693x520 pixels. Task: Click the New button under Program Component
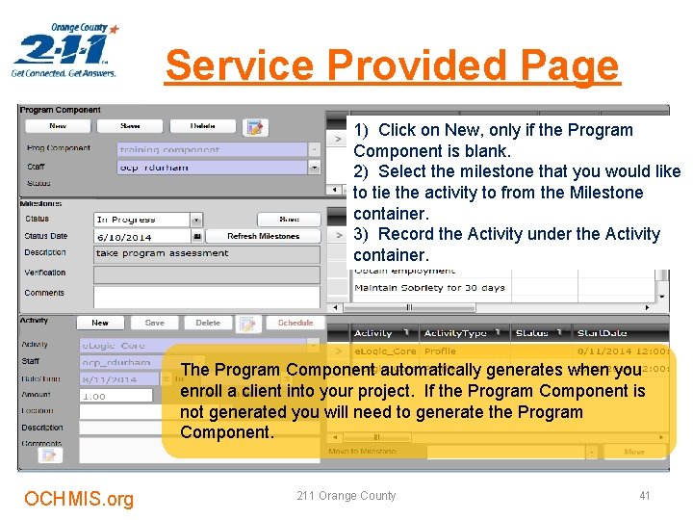[x=58, y=126]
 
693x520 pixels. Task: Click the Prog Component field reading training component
[x=213, y=149]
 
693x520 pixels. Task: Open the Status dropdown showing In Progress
[x=148, y=220]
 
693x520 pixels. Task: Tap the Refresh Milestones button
[x=264, y=236]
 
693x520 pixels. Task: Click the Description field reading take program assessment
[x=206, y=253]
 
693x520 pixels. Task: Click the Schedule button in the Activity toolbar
[x=295, y=324]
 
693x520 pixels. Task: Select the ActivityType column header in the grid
[x=461, y=333]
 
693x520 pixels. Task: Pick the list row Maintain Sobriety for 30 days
[x=429, y=288]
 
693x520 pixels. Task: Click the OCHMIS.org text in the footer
[x=79, y=498]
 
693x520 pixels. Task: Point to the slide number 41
[x=644, y=496]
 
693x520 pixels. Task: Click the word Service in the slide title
[x=240, y=65]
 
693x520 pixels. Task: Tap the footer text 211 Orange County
[x=346, y=496]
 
